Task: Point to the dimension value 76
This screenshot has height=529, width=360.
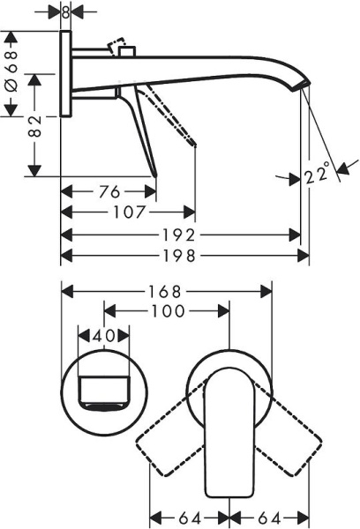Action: tap(107, 191)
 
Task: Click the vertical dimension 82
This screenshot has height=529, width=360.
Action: tap(34, 125)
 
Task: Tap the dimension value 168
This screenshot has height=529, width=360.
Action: tap(166, 290)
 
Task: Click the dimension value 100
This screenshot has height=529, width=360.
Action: tap(167, 310)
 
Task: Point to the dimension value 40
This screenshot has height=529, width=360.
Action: tap(104, 335)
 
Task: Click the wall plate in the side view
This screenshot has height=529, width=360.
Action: tap(66, 76)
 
